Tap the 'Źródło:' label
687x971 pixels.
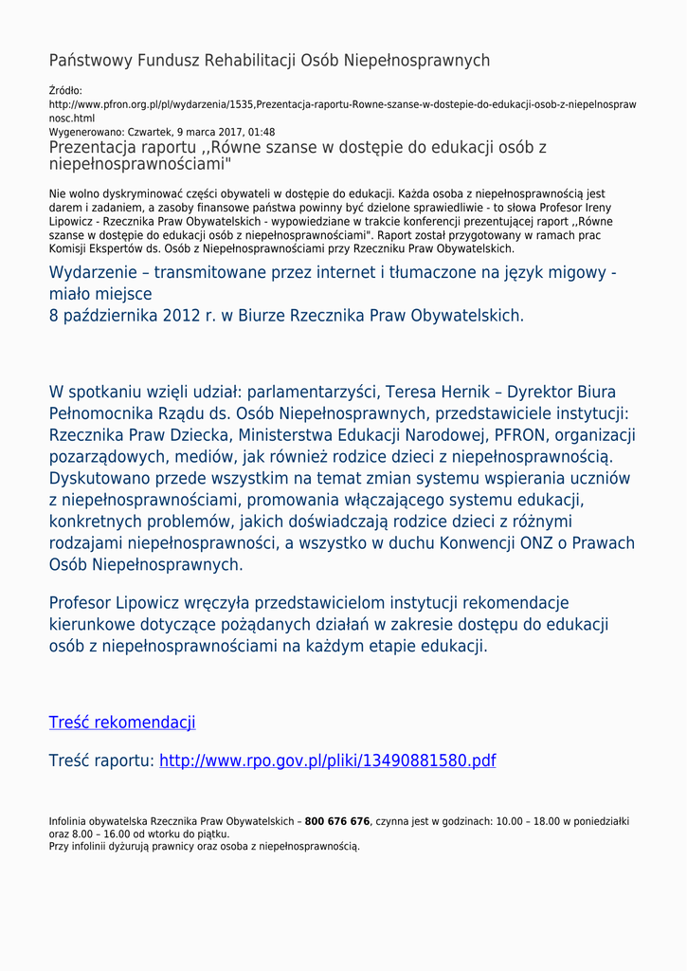[65, 91]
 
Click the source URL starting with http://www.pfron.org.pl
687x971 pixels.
[342, 104]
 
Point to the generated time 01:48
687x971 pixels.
[262, 132]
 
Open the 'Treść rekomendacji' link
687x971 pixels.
[122, 723]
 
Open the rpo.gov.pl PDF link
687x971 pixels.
[327, 760]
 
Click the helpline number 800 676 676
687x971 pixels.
[337, 821]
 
